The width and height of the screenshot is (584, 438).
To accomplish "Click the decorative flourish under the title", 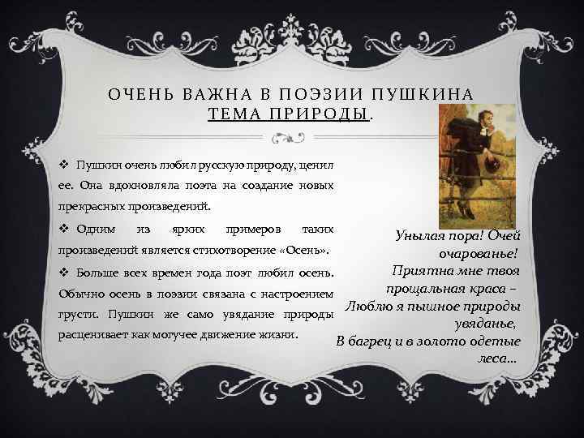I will [291, 138].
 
